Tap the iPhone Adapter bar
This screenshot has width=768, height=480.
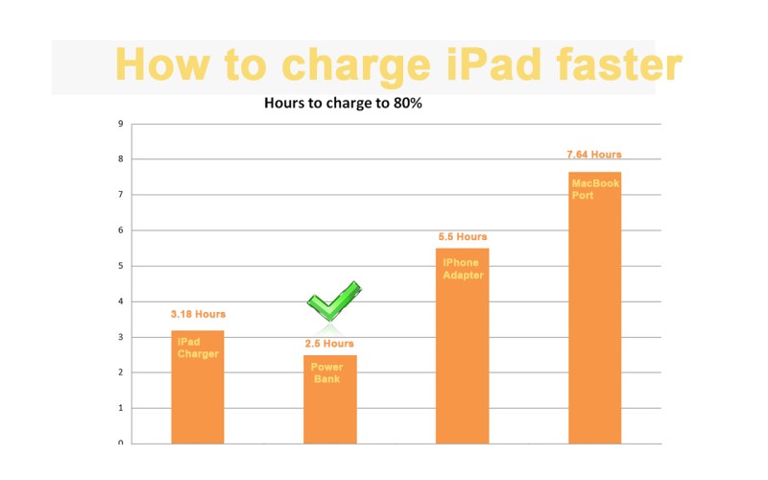click(x=463, y=346)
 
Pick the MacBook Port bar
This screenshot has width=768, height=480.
click(x=595, y=307)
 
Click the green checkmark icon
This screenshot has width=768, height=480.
click(x=332, y=301)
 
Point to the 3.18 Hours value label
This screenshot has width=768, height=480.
click(x=198, y=314)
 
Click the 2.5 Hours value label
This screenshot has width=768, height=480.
click(x=330, y=343)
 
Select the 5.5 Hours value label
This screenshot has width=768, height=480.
click(x=463, y=236)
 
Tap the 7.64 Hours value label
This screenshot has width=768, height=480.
click(x=595, y=154)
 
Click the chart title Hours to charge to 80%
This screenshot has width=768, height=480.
click(x=343, y=105)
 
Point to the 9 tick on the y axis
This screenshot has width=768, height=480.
click(x=120, y=124)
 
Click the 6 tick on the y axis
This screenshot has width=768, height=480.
click(x=120, y=230)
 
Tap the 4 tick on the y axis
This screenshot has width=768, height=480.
click(x=120, y=301)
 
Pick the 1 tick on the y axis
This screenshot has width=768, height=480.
click(x=120, y=408)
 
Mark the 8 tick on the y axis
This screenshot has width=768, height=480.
click(x=120, y=159)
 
